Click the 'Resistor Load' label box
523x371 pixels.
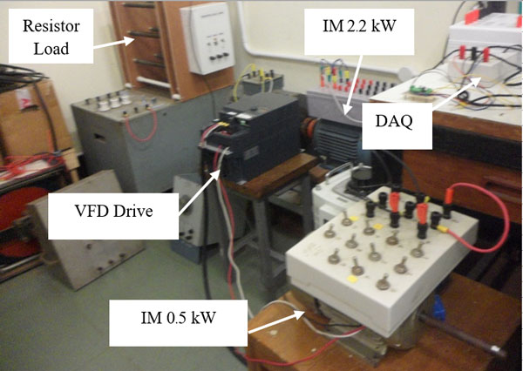[51, 36]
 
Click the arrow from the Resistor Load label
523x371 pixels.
[113, 43]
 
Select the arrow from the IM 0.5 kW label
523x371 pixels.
[276, 322]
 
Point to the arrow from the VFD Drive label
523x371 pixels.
[200, 191]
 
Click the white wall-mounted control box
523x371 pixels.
[207, 38]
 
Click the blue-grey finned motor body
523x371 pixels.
[336, 140]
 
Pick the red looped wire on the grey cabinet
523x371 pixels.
[140, 124]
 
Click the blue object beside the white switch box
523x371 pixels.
[438, 308]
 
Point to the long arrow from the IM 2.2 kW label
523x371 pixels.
[353, 85]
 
